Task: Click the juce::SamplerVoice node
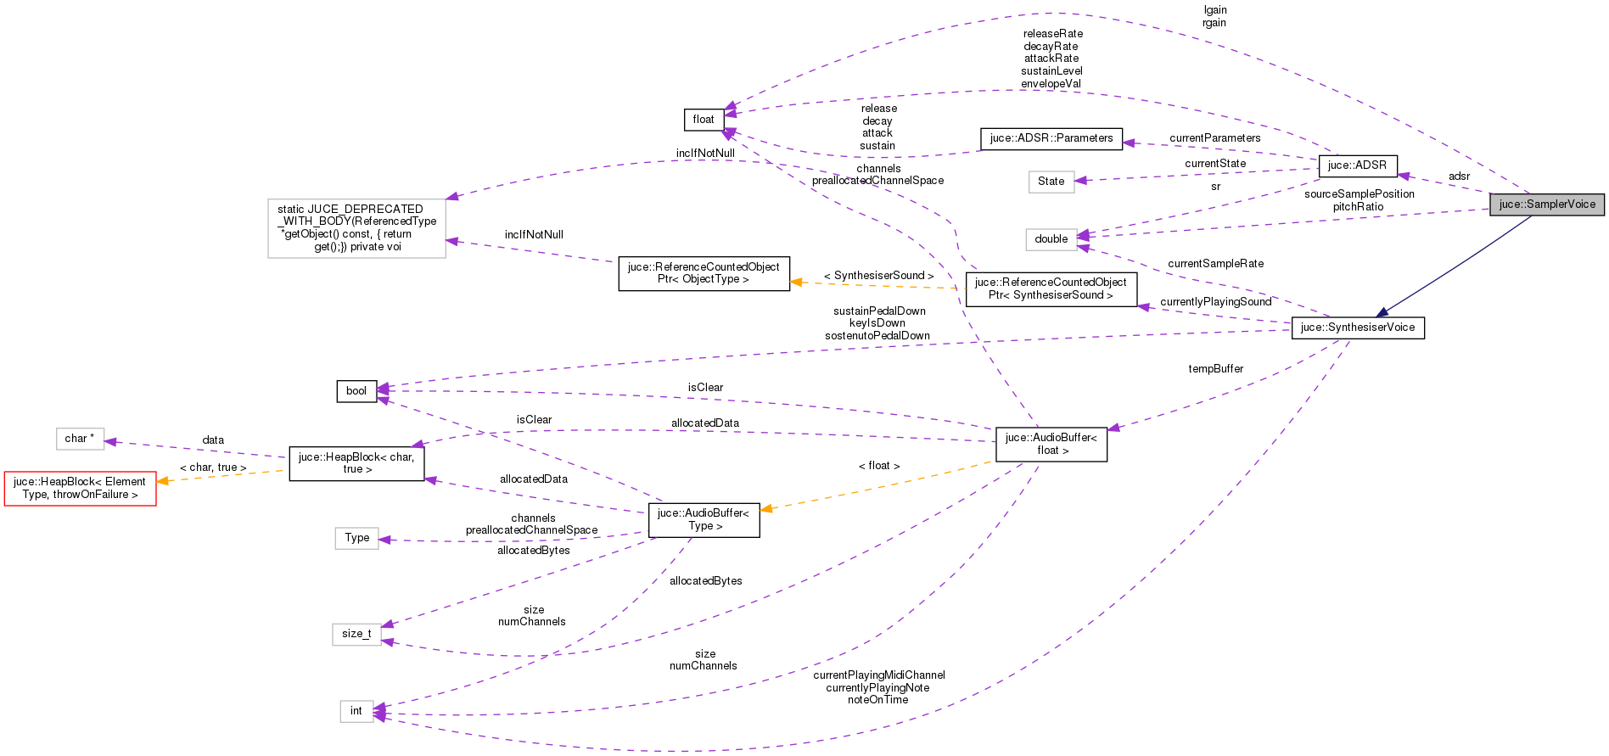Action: tap(1546, 204)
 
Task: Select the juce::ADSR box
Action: tap(1357, 165)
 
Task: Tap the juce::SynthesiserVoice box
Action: tap(1357, 328)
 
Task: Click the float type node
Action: tap(704, 120)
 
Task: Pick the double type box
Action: tap(1051, 239)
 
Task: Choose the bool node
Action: tap(356, 391)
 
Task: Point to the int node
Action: tap(356, 711)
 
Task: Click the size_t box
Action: tap(356, 634)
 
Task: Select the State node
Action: tap(1051, 182)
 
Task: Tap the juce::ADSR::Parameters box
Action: tap(1051, 138)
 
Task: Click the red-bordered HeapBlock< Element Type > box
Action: tap(80, 488)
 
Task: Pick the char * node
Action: tap(80, 439)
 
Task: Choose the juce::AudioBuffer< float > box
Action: tap(1051, 444)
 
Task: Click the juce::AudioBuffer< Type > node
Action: tap(703, 519)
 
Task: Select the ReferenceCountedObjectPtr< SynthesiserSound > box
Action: tap(1051, 288)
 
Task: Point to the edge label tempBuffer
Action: tap(1215, 369)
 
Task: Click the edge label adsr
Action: tap(1459, 176)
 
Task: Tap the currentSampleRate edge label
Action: tap(1215, 264)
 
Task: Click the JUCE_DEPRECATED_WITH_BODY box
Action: tap(356, 228)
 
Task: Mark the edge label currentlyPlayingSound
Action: tap(1215, 302)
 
